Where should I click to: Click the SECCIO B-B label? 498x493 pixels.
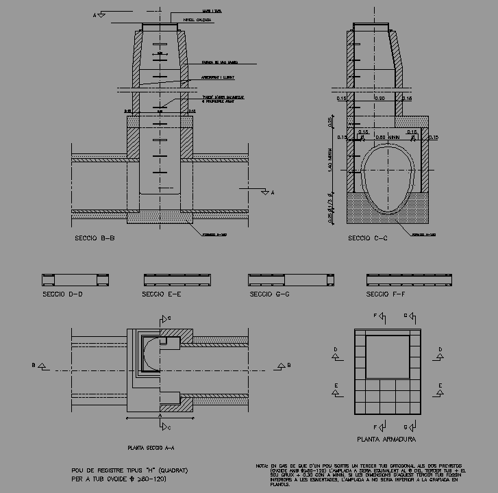point(94,239)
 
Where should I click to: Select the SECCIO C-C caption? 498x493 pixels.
point(367,239)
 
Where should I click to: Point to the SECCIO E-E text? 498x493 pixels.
point(161,294)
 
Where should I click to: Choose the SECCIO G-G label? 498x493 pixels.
point(270,294)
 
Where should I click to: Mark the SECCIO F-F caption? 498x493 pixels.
point(386,294)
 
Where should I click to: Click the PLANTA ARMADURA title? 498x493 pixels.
point(386,439)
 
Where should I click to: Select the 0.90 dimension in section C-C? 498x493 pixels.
point(381,99)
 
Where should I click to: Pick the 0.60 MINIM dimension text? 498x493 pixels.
point(387,137)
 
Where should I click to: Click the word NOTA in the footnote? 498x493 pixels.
point(262,466)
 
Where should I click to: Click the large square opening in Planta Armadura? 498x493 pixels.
point(388,356)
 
